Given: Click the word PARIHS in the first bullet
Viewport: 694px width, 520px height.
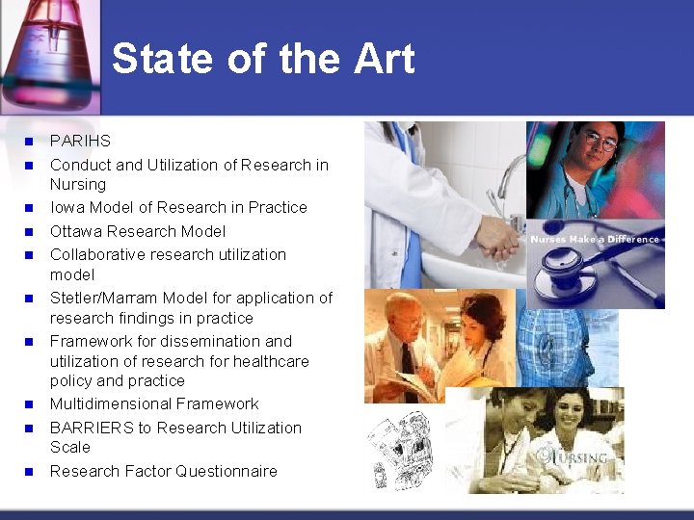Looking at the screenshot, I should (80, 141).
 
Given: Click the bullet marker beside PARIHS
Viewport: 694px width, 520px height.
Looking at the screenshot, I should (29, 142).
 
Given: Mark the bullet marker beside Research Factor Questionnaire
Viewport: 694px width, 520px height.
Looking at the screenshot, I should (29, 472).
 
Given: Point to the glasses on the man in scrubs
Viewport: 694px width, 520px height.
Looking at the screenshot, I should (601, 143).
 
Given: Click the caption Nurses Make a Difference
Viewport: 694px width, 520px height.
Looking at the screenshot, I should (595, 239).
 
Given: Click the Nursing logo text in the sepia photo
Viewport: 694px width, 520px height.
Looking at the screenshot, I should (584, 455).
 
